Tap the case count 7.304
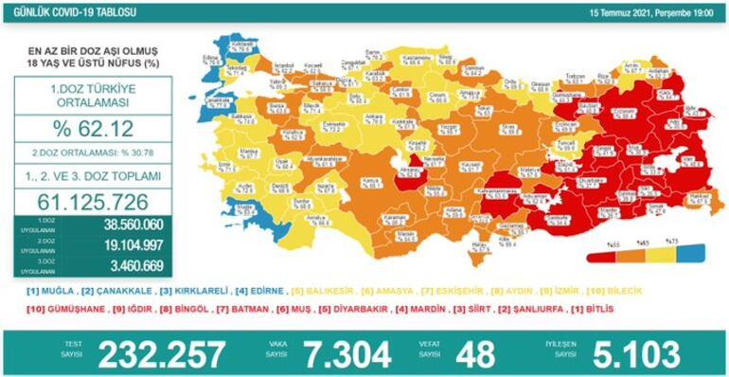point(341,353)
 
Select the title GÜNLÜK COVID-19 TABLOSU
point(61,11)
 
